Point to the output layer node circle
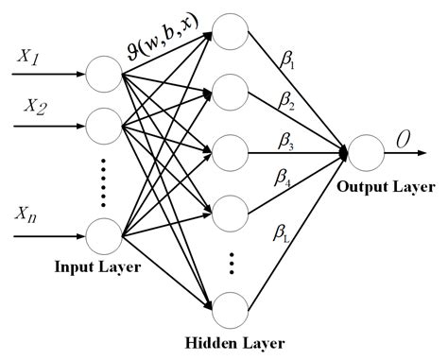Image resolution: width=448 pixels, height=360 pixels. (364, 149)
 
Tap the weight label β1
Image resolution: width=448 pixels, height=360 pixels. (288, 63)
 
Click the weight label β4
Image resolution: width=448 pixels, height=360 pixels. (284, 177)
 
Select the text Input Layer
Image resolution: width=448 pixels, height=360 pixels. (98, 267)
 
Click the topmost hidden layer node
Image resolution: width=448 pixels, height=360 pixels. (229, 31)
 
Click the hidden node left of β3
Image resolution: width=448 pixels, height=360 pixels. (229, 149)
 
